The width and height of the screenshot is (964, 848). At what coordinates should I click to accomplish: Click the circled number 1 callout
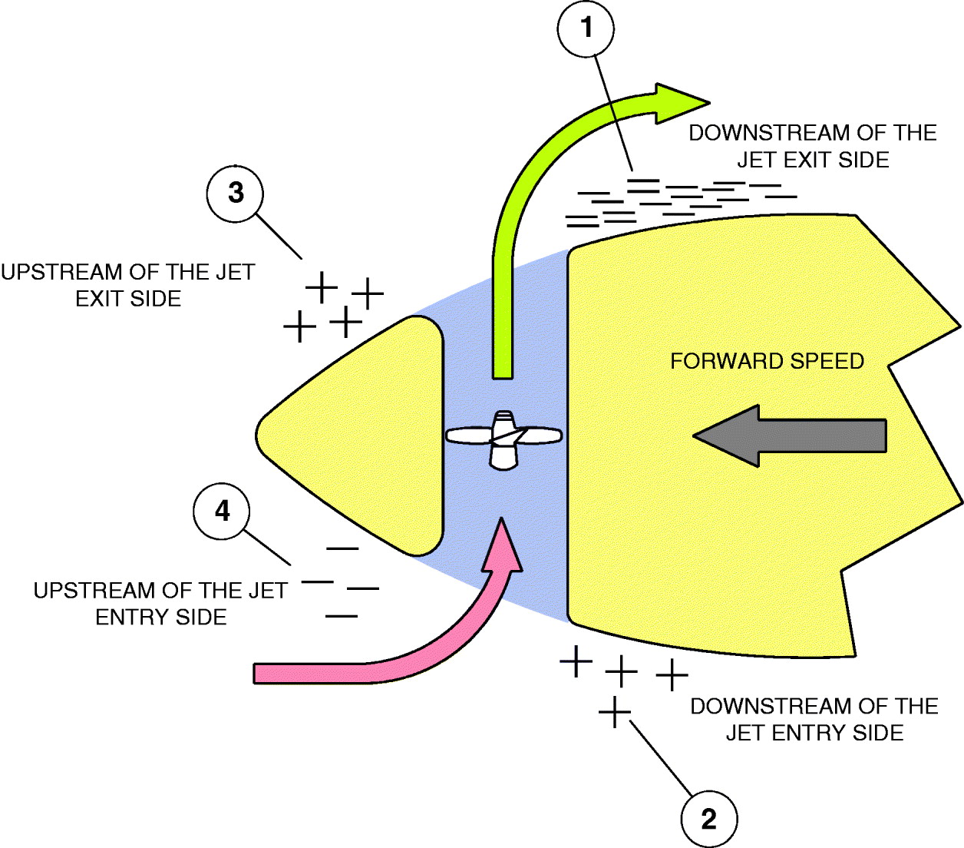tap(586, 28)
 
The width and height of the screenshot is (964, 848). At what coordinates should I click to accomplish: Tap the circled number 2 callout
tap(709, 819)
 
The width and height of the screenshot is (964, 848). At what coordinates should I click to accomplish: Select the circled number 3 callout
tap(236, 193)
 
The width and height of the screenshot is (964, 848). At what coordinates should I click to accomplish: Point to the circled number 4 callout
tap(223, 511)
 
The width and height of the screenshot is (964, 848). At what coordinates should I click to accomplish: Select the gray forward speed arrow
tap(791, 436)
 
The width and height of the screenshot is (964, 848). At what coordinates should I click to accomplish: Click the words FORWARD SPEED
tap(767, 361)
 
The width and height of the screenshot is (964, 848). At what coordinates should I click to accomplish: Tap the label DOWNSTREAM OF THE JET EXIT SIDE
tap(812, 146)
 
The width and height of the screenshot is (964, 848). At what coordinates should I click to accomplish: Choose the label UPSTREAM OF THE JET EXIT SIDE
tap(127, 285)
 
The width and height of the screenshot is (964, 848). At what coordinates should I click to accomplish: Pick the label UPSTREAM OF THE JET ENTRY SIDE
tap(160, 604)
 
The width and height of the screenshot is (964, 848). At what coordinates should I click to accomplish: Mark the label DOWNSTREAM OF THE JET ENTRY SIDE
tap(814, 719)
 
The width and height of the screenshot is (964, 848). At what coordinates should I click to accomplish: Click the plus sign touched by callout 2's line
tap(615, 712)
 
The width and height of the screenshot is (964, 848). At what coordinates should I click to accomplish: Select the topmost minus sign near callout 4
tap(342, 548)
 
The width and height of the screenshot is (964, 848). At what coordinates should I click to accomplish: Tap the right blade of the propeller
tap(540, 436)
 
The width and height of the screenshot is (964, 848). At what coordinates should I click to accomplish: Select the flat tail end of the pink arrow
tap(257, 673)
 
